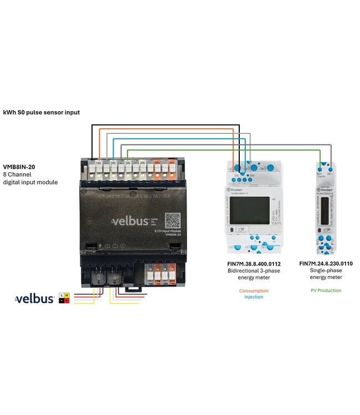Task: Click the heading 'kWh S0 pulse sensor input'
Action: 42,112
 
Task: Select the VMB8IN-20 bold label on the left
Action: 19,167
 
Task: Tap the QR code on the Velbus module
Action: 173,220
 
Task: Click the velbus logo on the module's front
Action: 131,222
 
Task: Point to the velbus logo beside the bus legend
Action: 34,299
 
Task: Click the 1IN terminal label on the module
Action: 99,163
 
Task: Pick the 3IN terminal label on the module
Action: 128,163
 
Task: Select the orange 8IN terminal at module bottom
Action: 172,273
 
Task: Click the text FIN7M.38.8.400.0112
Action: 254,264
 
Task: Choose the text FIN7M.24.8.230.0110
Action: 326,264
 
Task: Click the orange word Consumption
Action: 254,290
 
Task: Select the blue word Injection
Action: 254,297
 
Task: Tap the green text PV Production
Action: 326,290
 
